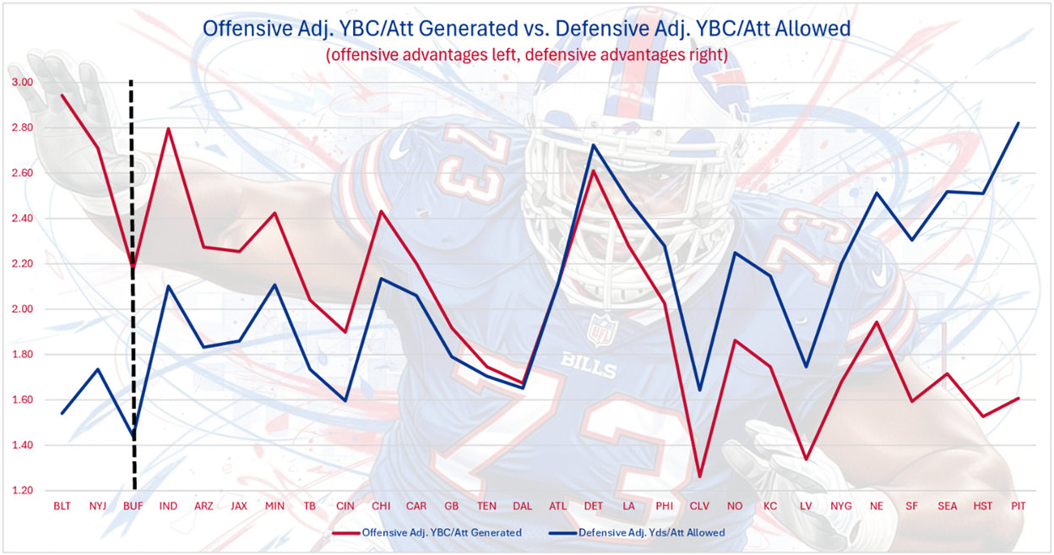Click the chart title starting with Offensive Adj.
(526, 28)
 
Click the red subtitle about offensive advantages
(526, 54)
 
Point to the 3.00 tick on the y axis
(22, 83)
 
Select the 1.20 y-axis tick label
(22, 491)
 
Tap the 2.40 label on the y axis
(22, 219)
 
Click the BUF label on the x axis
(133, 506)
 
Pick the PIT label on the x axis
(1019, 506)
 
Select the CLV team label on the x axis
(698, 506)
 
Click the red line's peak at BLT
(62, 95)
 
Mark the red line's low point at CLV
(698, 477)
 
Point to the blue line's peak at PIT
(1019, 123)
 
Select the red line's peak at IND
(168, 128)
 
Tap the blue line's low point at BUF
(133, 437)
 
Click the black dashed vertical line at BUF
(132, 296)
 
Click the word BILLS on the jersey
(589, 370)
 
